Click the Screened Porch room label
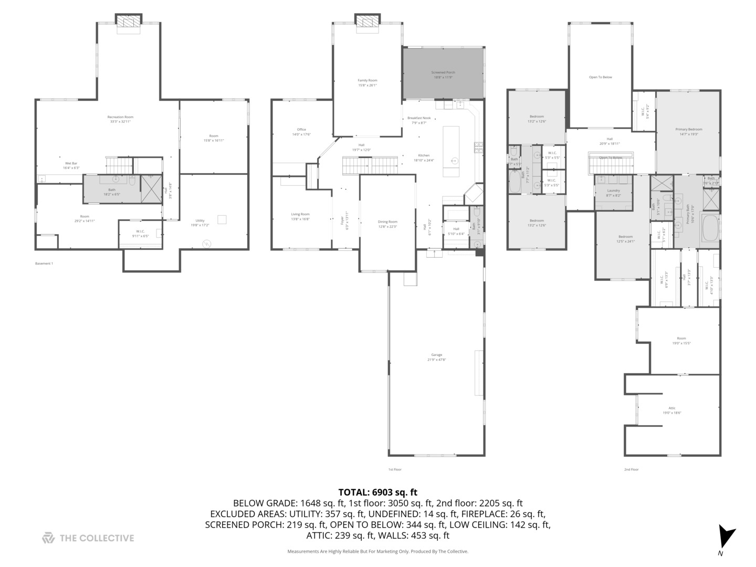tap(443, 75)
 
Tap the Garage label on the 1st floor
tap(436, 357)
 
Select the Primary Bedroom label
tap(688, 131)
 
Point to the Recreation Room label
tap(120, 119)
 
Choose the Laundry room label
tap(613, 193)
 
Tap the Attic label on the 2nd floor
tap(671, 410)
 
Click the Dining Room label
tap(387, 224)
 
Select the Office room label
tap(301, 132)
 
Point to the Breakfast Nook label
tap(419, 120)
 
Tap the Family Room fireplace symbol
tap(367, 20)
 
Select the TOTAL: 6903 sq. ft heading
tap(377, 492)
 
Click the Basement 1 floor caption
tap(44, 264)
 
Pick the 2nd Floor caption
tap(631, 469)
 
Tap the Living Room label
tap(300, 216)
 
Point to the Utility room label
tap(200, 223)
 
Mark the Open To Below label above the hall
tap(600, 77)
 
